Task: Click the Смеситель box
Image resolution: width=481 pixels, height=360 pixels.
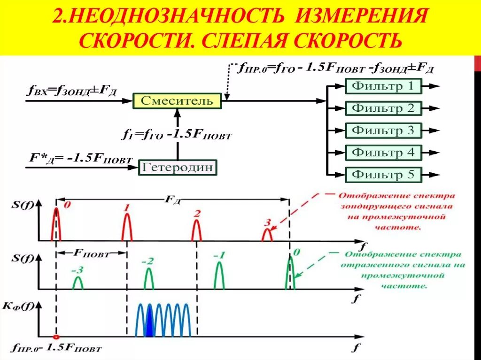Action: tap(177, 100)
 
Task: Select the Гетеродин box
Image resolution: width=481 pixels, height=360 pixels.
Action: tap(178, 167)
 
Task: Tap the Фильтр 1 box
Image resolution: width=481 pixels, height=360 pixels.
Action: tap(383, 86)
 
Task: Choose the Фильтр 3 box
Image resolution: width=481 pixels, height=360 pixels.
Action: tap(383, 130)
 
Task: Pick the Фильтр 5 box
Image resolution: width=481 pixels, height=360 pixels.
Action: tap(383, 175)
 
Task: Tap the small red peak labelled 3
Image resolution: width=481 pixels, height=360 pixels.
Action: tap(267, 235)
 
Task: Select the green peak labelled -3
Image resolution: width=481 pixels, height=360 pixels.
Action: tap(78, 283)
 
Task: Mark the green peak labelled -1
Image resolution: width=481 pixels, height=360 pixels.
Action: tap(219, 276)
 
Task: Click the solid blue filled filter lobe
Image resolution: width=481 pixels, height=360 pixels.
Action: tap(149, 322)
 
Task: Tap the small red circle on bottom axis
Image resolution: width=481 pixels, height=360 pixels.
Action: tap(56, 337)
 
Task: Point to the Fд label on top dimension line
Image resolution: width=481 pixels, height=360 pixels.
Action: tap(171, 199)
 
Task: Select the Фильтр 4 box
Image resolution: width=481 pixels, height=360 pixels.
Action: tap(383, 153)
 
